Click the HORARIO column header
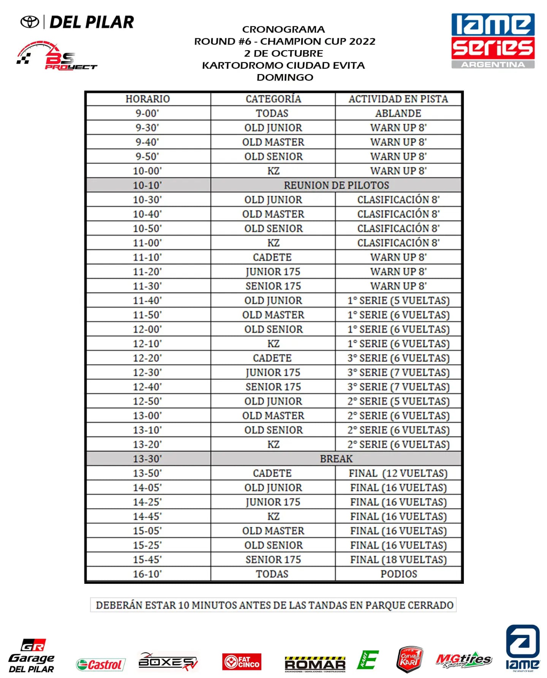tap(147, 99)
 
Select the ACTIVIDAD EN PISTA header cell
tap(398, 99)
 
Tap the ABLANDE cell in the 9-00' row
tap(398, 113)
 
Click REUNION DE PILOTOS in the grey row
tap(336, 185)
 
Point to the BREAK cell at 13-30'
tap(336, 459)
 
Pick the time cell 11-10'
tap(147, 257)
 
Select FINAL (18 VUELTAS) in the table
tap(398, 559)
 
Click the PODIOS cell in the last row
tap(398, 574)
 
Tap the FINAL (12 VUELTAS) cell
tap(398, 473)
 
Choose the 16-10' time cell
tap(147, 574)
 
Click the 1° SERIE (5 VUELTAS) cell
tap(398, 300)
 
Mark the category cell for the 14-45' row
tap(273, 517)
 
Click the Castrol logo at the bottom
tap(100, 664)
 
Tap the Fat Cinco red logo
tap(242, 662)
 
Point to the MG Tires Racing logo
tap(463, 661)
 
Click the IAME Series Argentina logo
tap(493, 41)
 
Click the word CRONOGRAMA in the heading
tap(283, 29)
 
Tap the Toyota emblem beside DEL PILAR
tap(30, 22)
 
